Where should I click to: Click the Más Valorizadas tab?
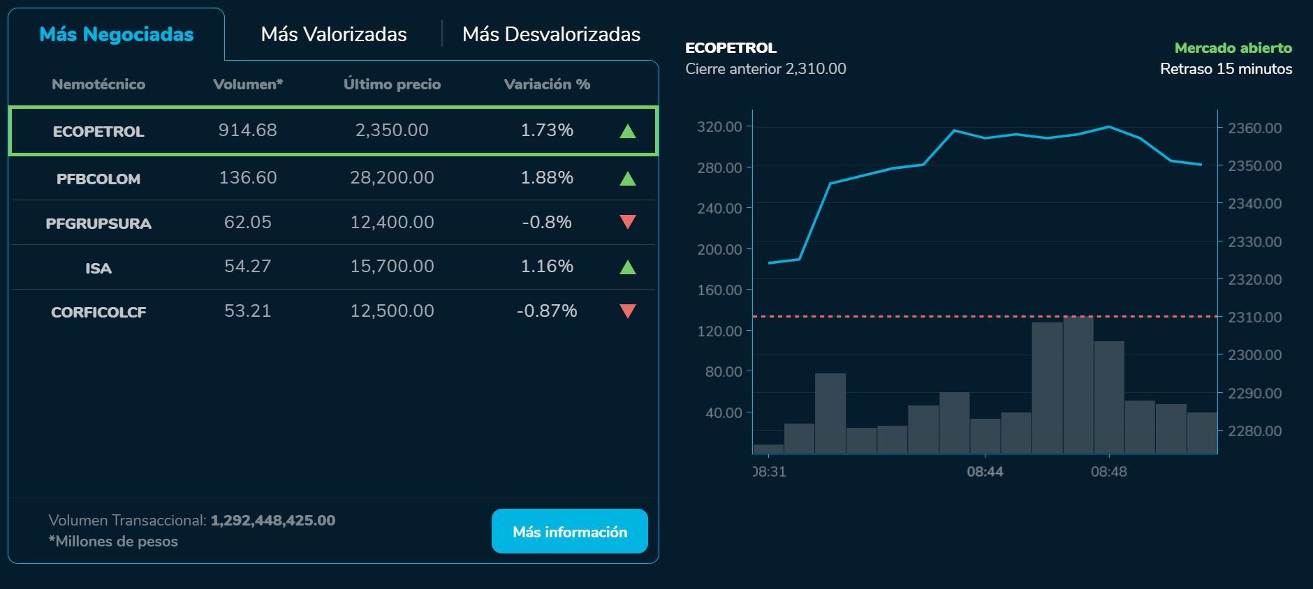tap(333, 34)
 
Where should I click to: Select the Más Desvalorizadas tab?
tap(551, 34)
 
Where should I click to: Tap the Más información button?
tap(569, 532)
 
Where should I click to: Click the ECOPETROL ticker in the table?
tap(98, 131)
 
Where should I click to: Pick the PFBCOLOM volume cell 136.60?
tap(248, 178)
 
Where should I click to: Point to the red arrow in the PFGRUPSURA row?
tap(627, 222)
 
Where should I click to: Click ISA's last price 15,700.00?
tap(392, 267)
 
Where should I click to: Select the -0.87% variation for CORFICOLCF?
tap(547, 311)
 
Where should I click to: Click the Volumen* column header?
tap(248, 84)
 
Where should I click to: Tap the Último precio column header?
tap(392, 84)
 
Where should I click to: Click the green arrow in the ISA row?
tap(627, 267)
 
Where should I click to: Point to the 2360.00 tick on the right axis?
tap(1254, 128)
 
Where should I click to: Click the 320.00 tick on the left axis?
tap(719, 126)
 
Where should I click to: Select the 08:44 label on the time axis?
tap(985, 472)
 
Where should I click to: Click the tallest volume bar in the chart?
tap(1078, 384)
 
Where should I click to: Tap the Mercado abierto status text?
tap(1233, 48)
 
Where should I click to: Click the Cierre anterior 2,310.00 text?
tap(765, 69)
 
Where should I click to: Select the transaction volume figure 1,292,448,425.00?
tap(272, 521)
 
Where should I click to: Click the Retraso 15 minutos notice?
tap(1226, 69)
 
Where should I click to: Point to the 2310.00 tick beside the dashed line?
tap(1254, 317)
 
